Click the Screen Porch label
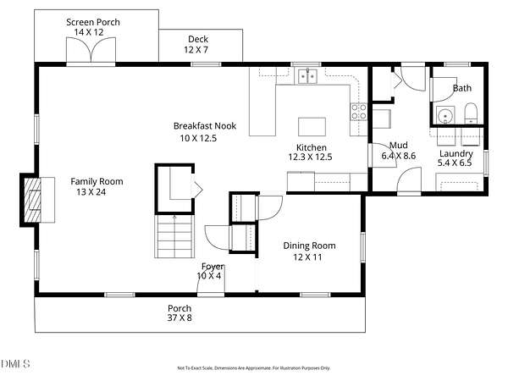coord(93,22)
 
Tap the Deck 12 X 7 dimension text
coord(196,50)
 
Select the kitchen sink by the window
coord(307,76)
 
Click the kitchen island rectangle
coord(312,127)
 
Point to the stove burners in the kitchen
coord(359,111)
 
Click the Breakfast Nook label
coord(205,125)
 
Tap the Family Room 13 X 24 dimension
coord(91,192)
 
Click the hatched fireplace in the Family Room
coord(32,200)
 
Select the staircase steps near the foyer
coord(174,236)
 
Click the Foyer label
coord(213,267)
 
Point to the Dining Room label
coord(309,246)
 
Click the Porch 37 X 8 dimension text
coord(179,317)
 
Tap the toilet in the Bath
coord(471,113)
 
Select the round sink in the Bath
coord(445,115)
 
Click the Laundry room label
coord(456,153)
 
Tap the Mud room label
coord(399,145)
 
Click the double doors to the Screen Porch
coord(91,50)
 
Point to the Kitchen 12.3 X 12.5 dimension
coord(311,157)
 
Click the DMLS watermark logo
coord(15,363)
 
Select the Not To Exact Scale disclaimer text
coord(254,368)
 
